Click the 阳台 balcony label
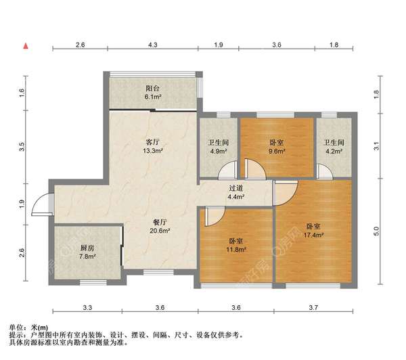tap(153, 87)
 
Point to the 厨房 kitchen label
tap(87, 248)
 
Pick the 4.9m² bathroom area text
tap(217, 151)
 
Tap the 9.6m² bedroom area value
tap(276, 151)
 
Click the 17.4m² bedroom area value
tap(313, 235)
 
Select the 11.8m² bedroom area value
tap(235, 248)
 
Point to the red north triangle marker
tap(26, 47)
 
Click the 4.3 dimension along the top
tap(153, 45)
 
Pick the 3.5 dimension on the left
tap(22, 145)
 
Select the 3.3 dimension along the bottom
tap(87, 309)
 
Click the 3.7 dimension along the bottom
tap(313, 309)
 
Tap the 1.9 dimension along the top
tap(218, 45)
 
